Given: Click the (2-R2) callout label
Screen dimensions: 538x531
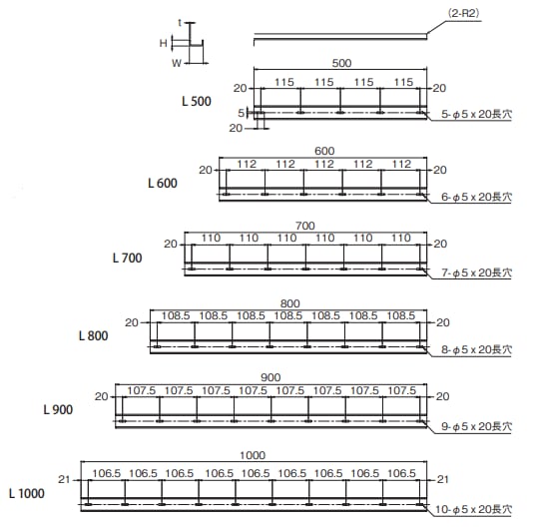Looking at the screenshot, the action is pyautogui.click(x=463, y=13).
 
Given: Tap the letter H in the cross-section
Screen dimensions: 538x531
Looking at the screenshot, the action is pyautogui.click(x=164, y=43).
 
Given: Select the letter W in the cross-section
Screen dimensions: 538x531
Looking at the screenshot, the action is pyautogui.click(x=177, y=63).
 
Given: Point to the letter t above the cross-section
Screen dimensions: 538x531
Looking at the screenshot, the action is pyautogui.click(x=180, y=23).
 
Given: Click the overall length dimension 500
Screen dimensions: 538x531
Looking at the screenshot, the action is pyautogui.click(x=341, y=63).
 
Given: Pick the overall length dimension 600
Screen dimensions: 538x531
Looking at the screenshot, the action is pyautogui.click(x=324, y=151).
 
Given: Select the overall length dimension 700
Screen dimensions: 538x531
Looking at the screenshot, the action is pyautogui.click(x=305, y=226).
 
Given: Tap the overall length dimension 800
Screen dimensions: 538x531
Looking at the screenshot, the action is pyautogui.click(x=289, y=303).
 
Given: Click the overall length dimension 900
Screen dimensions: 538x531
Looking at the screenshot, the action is pyautogui.click(x=270, y=377).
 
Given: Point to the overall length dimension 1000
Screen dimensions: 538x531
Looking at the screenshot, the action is pyautogui.click(x=253, y=455).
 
